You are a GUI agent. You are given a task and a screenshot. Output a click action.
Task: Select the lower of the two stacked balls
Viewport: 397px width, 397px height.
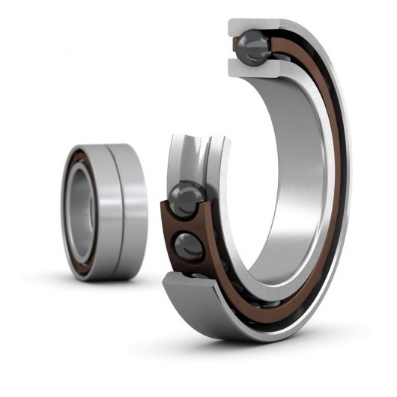coord(190,245)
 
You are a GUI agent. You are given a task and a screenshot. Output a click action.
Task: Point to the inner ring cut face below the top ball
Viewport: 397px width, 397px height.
coord(255,69)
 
